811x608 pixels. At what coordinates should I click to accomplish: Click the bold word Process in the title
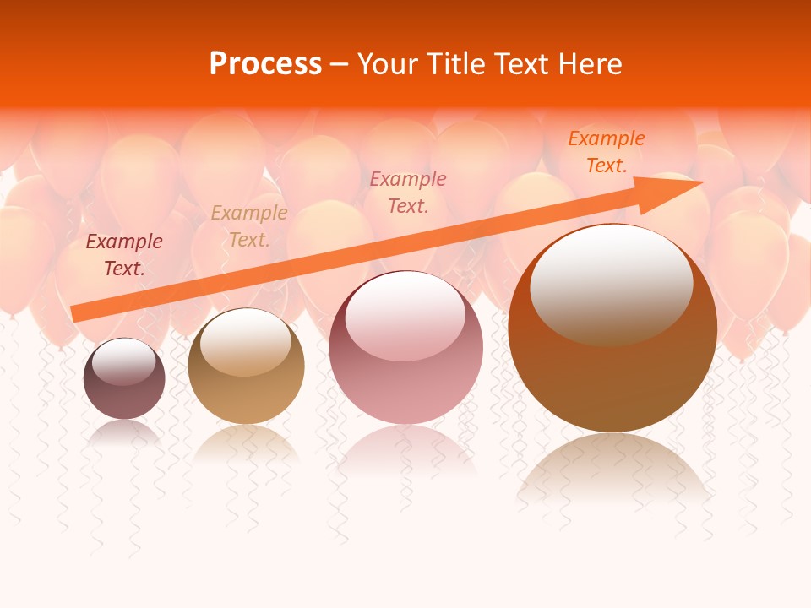click(265, 64)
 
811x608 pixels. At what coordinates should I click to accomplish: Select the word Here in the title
click(589, 64)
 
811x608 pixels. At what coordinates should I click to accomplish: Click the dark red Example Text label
click(124, 254)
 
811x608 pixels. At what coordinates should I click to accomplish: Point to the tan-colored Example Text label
click(248, 226)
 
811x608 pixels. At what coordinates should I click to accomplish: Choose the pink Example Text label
click(408, 192)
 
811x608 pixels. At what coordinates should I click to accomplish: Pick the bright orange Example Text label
click(606, 152)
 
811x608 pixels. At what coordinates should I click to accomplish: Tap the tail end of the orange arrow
click(74, 313)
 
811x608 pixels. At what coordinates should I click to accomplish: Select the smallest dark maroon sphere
click(124, 397)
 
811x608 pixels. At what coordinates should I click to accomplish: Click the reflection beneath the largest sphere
click(612, 469)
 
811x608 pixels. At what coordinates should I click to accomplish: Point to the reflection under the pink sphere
click(405, 448)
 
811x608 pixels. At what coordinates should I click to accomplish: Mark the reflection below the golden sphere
click(246, 441)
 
